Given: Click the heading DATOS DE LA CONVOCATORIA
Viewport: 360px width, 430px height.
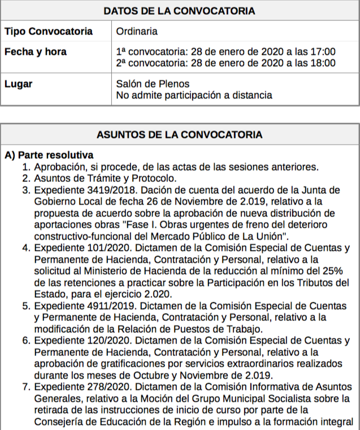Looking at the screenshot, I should [180, 11].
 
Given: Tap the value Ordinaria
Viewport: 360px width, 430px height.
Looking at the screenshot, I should [137, 31].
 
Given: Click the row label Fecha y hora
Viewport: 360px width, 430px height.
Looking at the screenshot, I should [35, 52].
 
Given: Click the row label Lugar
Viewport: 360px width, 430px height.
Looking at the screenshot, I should [18, 84].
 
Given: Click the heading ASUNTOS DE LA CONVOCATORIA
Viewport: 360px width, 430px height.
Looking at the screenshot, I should [180, 135].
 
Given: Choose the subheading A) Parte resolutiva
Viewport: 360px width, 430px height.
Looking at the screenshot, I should [49, 155].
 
